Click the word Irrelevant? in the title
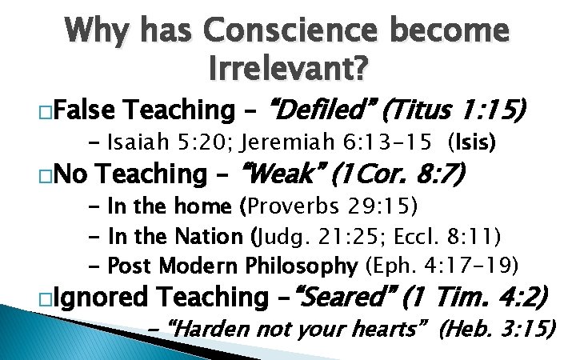pos(288,70)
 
